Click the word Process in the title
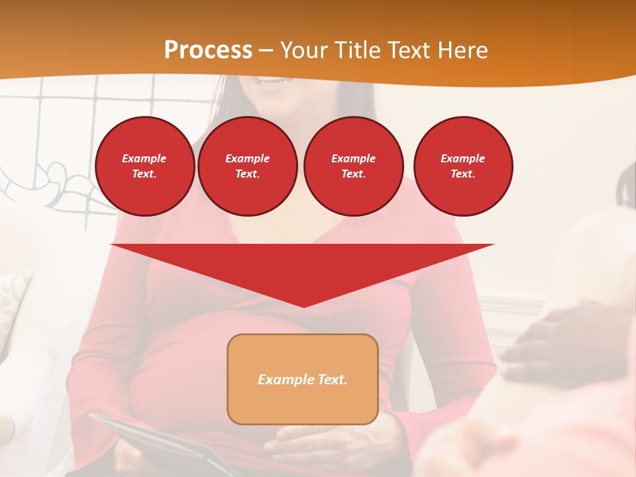(x=208, y=50)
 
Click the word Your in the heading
(x=304, y=50)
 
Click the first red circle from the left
(x=144, y=166)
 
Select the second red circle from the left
(x=247, y=166)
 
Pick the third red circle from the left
(x=353, y=166)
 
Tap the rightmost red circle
(x=462, y=166)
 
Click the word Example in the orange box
(x=284, y=380)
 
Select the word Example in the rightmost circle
(x=462, y=158)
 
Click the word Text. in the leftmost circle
(x=144, y=174)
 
